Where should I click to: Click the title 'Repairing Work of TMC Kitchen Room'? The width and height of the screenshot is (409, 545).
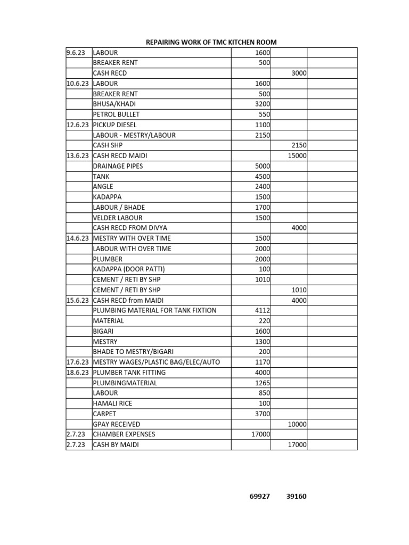(211, 42)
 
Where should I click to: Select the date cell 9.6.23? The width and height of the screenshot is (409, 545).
(75, 53)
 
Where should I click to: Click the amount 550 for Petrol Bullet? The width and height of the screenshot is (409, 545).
(264, 114)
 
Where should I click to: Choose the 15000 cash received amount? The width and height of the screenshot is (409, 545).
(297, 156)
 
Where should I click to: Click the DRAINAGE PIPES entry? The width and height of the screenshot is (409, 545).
(118, 166)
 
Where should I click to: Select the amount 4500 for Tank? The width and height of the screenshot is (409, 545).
(263, 177)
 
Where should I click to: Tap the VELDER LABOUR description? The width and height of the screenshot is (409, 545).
(118, 218)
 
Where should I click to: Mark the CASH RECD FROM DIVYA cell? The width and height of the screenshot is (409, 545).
(130, 228)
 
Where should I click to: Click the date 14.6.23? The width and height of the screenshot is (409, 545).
(78, 238)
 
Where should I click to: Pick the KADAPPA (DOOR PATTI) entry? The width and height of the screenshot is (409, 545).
(133, 269)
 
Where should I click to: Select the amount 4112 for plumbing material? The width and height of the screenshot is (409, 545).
(263, 310)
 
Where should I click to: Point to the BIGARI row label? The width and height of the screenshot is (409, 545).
(104, 331)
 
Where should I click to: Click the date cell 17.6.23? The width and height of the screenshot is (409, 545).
(78, 362)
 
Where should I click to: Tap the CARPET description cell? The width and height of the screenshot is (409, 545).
(105, 414)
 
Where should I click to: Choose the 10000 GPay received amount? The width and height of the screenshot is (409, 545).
(297, 424)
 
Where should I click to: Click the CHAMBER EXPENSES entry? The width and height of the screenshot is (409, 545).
(124, 434)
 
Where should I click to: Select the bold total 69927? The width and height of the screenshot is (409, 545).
(260, 497)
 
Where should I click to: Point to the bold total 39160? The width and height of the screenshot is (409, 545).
(296, 497)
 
